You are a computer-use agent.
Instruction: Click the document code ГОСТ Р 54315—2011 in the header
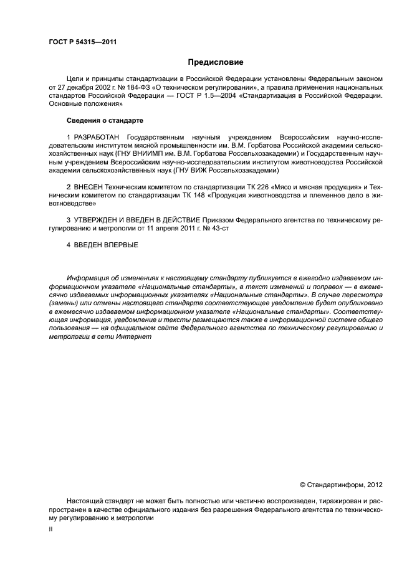click(x=82, y=42)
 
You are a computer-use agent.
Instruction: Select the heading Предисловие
click(x=216, y=62)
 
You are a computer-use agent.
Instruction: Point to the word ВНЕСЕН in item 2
click(x=91, y=186)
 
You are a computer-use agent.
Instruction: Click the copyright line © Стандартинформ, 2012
click(x=341, y=484)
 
